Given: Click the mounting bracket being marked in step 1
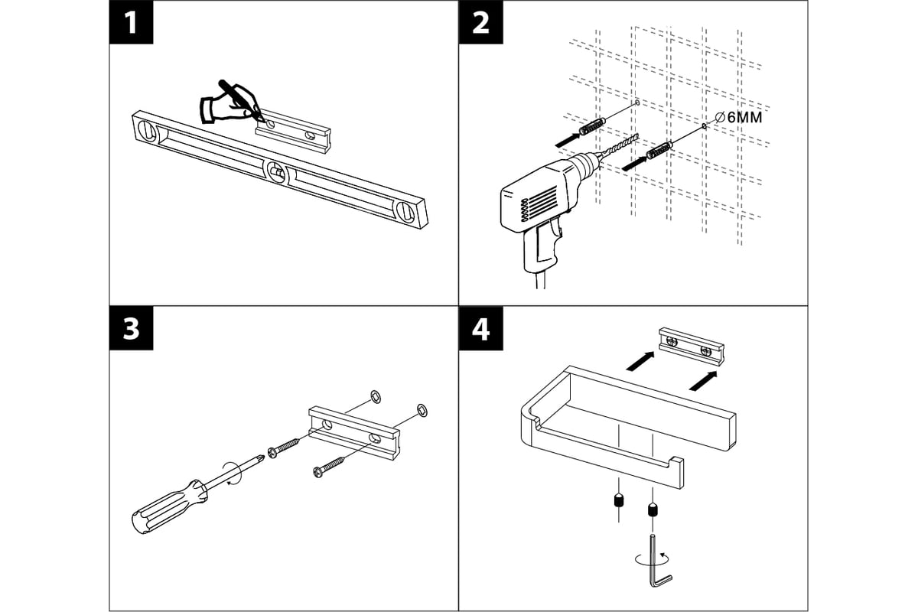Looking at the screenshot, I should [x=295, y=125].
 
